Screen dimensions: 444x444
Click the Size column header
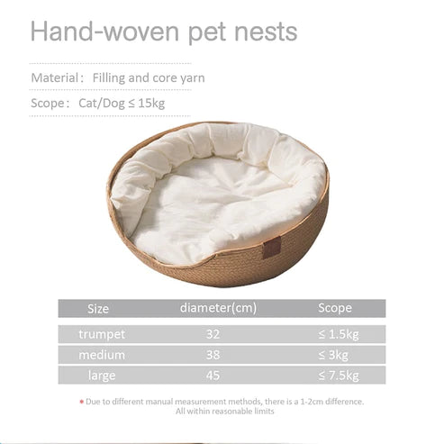[98, 308]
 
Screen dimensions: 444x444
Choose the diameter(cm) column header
[218, 308]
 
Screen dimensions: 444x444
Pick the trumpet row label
[102, 334]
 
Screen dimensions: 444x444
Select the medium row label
[102, 355]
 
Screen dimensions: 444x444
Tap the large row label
[102, 375]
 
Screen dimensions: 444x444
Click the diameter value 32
[213, 334]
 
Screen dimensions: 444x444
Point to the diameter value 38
[213, 355]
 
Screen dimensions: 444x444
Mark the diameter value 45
[213, 375]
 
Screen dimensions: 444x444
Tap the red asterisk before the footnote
[82, 401]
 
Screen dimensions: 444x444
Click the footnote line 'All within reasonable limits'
[224, 412]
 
